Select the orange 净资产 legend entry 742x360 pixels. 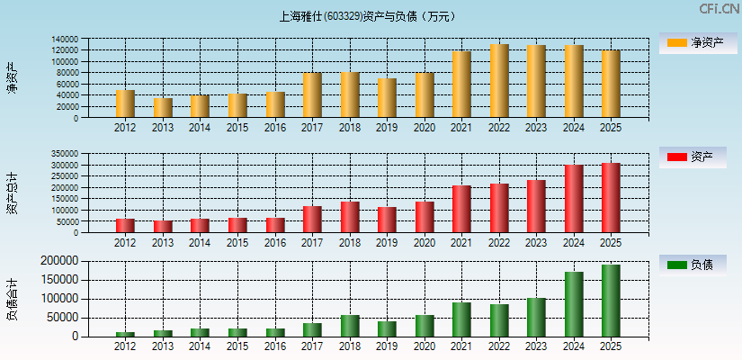pos(693,42)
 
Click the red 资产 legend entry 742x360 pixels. pos(693,157)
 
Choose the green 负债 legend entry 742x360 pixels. pos(693,265)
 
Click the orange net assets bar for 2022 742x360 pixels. pos(499,81)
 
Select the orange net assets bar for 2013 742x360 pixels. pos(163,108)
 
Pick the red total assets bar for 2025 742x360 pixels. pos(611,198)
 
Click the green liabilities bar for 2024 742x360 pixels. pos(574,304)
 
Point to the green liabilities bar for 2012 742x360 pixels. pos(125,334)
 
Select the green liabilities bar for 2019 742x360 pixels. pos(387,328)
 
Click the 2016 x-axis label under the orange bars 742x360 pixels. pos(275,128)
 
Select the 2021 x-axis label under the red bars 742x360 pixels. pos(461,243)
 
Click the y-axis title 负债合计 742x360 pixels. pos(12,300)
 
